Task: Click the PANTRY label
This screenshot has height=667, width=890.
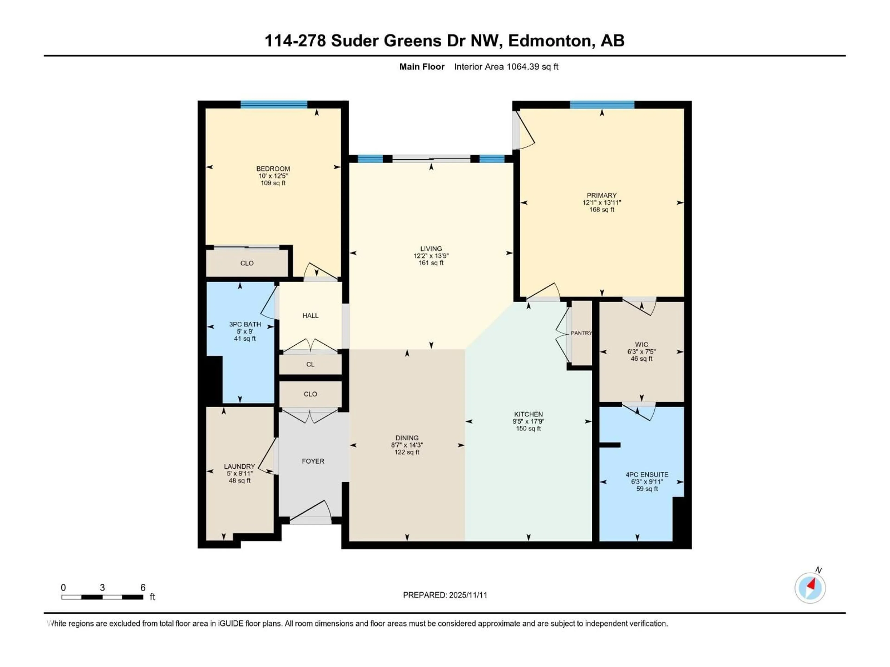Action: coord(581,333)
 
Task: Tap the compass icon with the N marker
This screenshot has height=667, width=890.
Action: coord(810,588)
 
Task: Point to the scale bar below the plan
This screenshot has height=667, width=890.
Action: coord(102,597)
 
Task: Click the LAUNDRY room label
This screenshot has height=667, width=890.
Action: coord(239,466)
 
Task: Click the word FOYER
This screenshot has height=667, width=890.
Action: coord(313,461)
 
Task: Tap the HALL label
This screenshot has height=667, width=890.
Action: coord(310,316)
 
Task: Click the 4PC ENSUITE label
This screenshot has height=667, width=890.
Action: coord(647,474)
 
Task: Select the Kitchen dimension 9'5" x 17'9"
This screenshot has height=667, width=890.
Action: coord(528,421)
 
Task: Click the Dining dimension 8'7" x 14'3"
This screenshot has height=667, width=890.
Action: coord(407,445)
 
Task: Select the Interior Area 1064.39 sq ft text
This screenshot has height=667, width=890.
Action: coord(506,67)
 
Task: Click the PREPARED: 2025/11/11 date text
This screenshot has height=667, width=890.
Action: coord(445,595)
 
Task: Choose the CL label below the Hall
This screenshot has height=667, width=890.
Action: coord(310,364)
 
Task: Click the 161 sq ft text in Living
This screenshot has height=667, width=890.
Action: coord(431,263)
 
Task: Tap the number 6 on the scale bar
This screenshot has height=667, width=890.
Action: coord(143,587)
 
